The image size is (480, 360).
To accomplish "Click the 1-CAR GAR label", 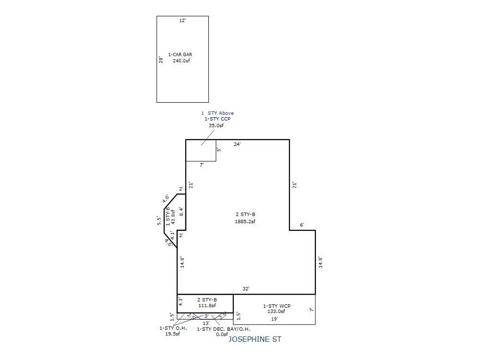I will click(180, 55).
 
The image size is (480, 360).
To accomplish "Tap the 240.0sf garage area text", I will click(182, 61).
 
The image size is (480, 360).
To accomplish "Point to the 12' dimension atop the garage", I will click(182, 21).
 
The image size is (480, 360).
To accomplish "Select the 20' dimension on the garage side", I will click(161, 60).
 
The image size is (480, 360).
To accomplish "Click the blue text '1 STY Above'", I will click(217, 113).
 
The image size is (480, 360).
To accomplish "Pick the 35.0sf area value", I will click(216, 126).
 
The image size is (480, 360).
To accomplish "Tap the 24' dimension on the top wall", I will click(237, 144).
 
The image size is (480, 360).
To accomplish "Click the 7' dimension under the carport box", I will click(202, 165).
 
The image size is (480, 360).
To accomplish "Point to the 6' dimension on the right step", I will click(302, 225).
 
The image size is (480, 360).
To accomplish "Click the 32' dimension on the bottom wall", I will click(245, 288).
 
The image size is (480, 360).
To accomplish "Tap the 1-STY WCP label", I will click(276, 306).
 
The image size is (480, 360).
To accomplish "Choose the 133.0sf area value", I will click(276, 312).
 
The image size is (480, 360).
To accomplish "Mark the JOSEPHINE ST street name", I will click(254, 339).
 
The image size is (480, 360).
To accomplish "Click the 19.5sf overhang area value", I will click(169, 334).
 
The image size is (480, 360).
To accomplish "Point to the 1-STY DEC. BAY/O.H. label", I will click(224, 329).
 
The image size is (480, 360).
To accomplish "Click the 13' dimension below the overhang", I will click(205, 323).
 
